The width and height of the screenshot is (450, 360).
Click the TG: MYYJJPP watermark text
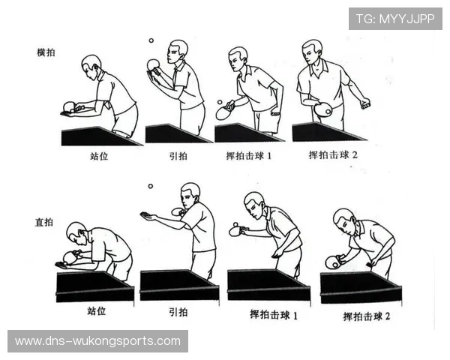pyautogui.click(x=394, y=18)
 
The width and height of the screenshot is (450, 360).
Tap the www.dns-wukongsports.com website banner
pyautogui.click(x=98, y=341)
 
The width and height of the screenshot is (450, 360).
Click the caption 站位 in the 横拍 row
pyautogui.click(x=100, y=158)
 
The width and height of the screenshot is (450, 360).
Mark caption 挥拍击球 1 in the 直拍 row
pyautogui.click(x=273, y=315)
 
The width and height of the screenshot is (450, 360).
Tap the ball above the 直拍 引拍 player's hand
pyautogui.click(x=150, y=186)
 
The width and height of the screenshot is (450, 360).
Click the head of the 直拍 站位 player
pyautogui.click(x=76, y=232)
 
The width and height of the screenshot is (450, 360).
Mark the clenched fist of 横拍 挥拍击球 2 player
pyautogui.click(x=365, y=103)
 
